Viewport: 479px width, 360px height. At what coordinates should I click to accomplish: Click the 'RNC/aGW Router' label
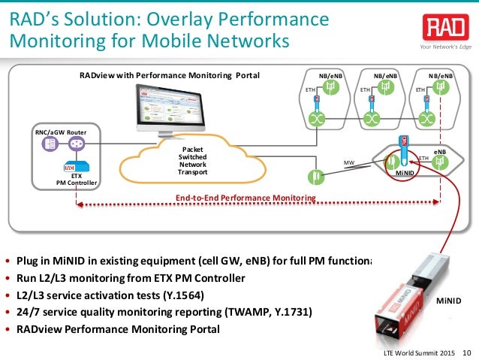pyautogui.click(x=61, y=132)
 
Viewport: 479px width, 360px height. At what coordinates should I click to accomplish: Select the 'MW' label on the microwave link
pyautogui.click(x=348, y=162)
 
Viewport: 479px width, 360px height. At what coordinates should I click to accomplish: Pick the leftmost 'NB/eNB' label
pyautogui.click(x=331, y=76)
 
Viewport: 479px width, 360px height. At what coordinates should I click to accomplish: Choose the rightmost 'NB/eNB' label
pyautogui.click(x=441, y=76)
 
